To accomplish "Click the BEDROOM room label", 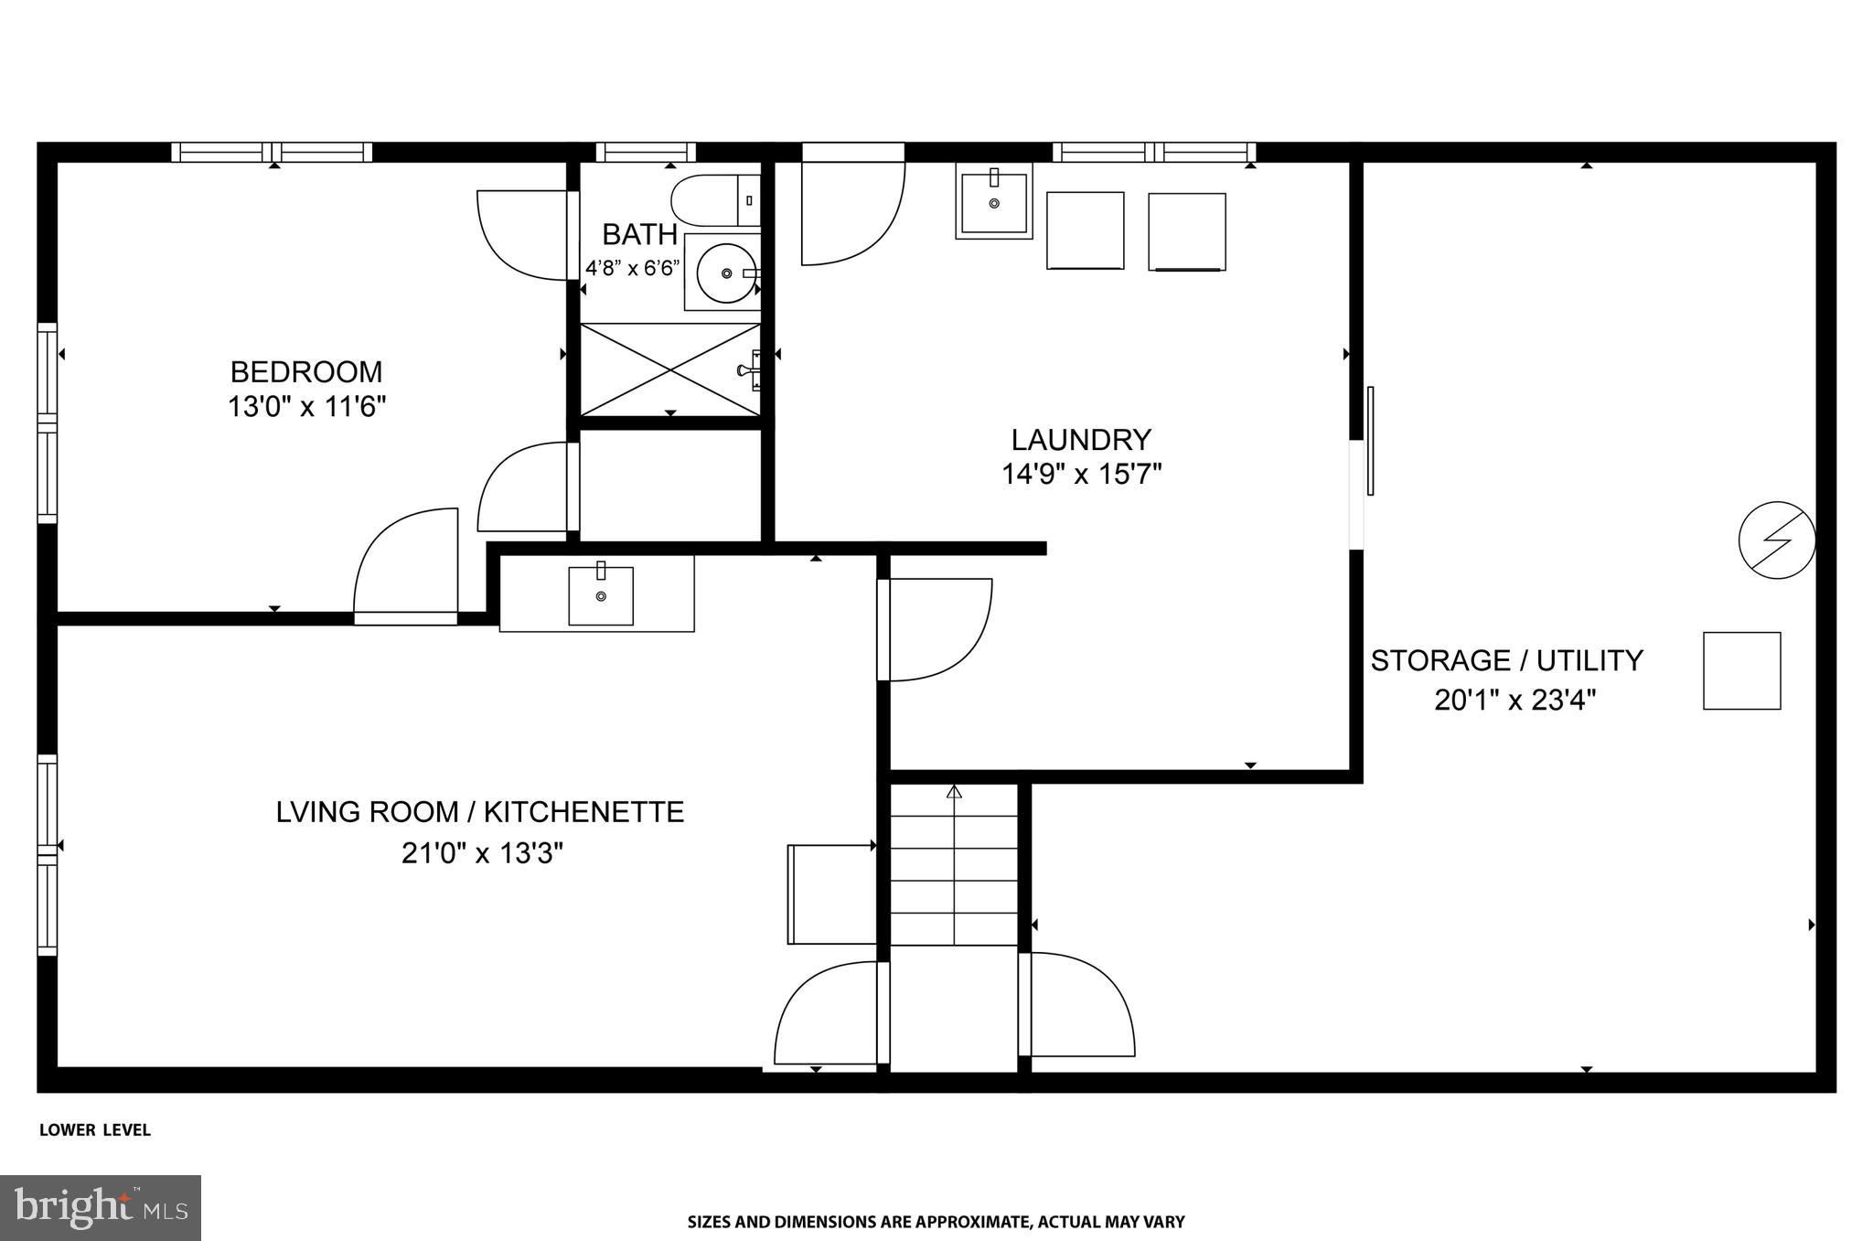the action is pyautogui.click(x=306, y=372).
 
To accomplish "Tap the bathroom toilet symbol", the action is pyautogui.click(x=716, y=200).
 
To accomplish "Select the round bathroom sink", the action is pyautogui.click(x=726, y=272).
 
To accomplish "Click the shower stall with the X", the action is pyautogui.click(x=670, y=369).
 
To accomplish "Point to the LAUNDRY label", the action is pyautogui.click(x=1081, y=440).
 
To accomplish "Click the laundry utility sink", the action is pyautogui.click(x=994, y=201).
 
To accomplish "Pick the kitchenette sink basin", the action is pyautogui.click(x=601, y=595).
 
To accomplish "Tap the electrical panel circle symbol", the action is pyautogui.click(x=1777, y=540).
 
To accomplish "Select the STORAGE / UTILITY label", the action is pyautogui.click(x=1506, y=660).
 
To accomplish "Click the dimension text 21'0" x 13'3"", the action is pyautogui.click(x=482, y=853).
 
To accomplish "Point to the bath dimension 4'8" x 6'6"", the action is pyautogui.click(x=633, y=269).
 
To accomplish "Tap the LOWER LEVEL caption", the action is pyautogui.click(x=95, y=1130).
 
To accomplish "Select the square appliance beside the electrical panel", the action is pyautogui.click(x=1741, y=670).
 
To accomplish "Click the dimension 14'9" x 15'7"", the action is pyautogui.click(x=1082, y=475).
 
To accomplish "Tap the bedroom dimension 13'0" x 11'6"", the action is pyautogui.click(x=307, y=406).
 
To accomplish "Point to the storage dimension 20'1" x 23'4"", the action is pyautogui.click(x=1515, y=701).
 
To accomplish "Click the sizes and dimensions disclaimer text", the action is pyautogui.click(x=936, y=1222).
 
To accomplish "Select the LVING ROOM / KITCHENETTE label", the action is pyautogui.click(x=480, y=812).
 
